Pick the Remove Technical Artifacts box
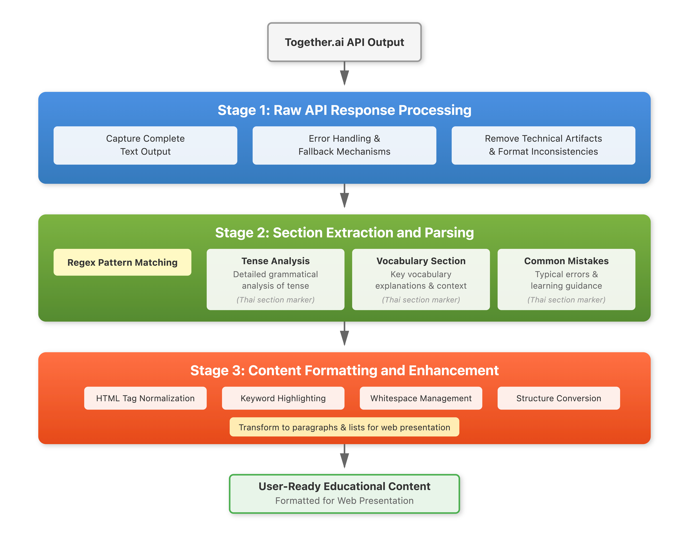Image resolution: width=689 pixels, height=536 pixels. (x=543, y=145)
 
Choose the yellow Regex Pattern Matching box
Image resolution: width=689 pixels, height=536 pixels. (x=122, y=262)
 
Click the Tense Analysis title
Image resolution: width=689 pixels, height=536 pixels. (x=275, y=261)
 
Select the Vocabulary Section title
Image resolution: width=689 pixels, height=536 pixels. (x=421, y=261)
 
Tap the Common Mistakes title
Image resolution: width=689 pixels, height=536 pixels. (x=566, y=261)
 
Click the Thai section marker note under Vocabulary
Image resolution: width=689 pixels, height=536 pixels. (x=421, y=300)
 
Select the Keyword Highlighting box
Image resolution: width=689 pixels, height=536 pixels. (x=283, y=398)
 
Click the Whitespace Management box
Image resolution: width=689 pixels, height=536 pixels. (x=421, y=398)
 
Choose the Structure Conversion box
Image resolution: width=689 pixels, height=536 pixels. (x=559, y=398)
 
